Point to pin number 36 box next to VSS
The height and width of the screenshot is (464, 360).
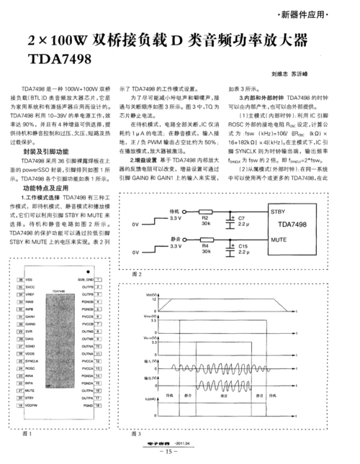(21, 279)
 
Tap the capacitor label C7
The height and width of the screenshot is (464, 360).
(241, 217)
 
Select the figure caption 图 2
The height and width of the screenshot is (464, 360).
(138, 274)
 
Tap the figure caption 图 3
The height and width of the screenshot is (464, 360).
(137, 434)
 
